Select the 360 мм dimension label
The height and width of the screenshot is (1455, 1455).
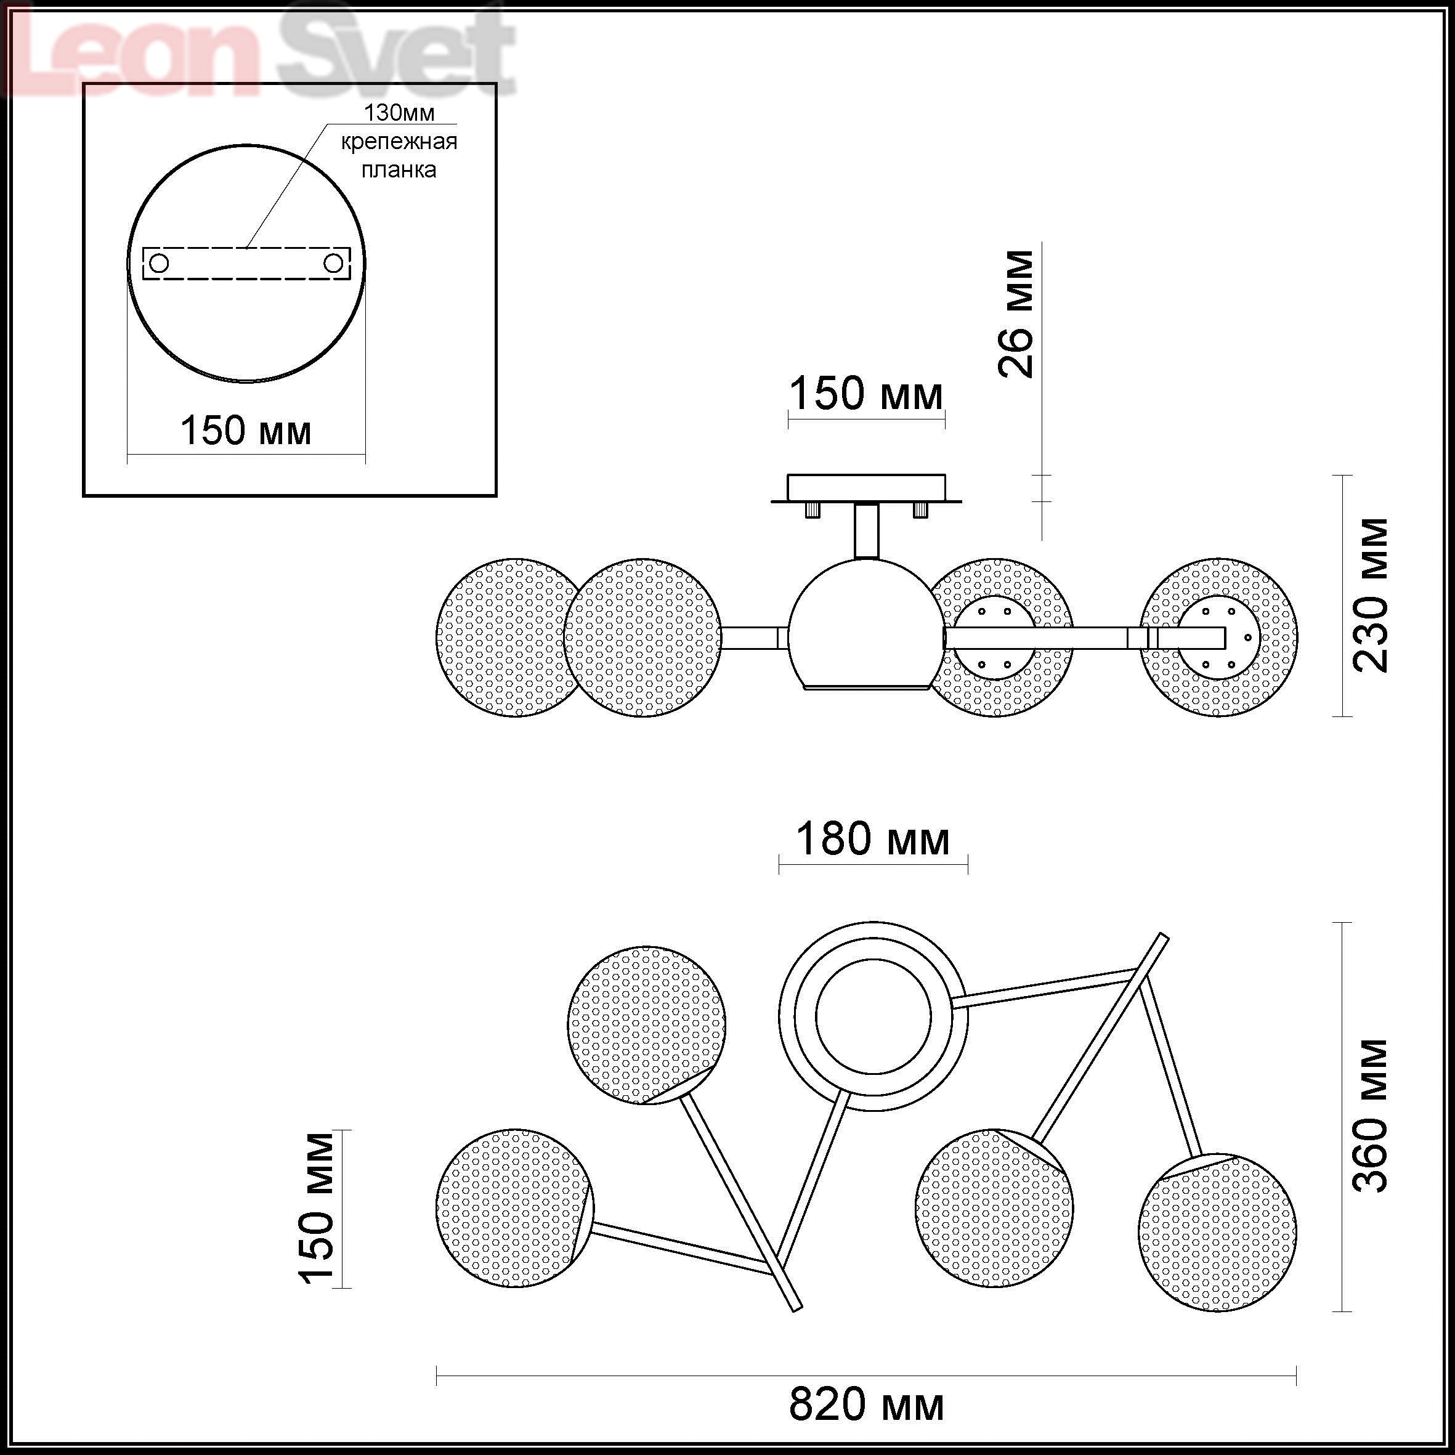[x=1370, y=1116]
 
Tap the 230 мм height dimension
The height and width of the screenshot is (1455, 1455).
[x=1370, y=595]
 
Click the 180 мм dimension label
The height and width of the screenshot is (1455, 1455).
[x=873, y=839]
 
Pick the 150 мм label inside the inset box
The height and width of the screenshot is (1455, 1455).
[x=246, y=431]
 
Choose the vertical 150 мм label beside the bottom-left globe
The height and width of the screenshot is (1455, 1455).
[x=316, y=1208]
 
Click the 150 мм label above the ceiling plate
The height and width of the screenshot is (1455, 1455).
[x=866, y=393]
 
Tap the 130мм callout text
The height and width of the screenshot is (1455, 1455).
[x=399, y=113]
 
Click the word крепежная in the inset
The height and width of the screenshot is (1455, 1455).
[x=399, y=142]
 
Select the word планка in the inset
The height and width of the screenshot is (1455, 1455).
[x=399, y=170]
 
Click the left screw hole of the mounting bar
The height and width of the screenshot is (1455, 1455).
[x=159, y=264]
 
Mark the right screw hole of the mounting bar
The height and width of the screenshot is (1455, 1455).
[x=334, y=264]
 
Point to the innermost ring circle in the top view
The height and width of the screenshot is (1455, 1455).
[x=873, y=1016]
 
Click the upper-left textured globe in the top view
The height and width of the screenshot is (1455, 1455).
[x=647, y=1025]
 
